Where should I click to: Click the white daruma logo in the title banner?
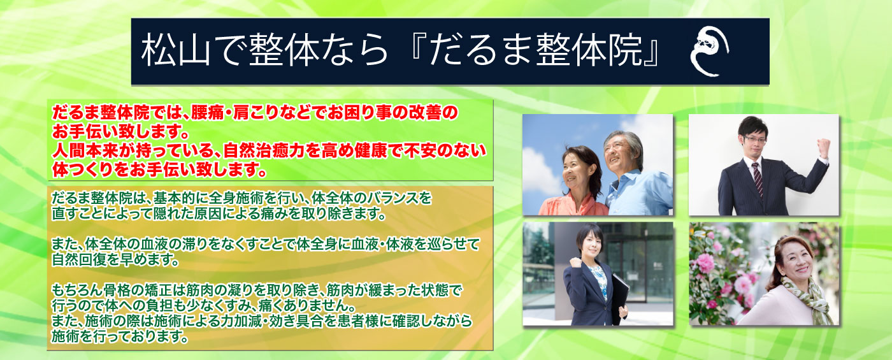tap(710, 51)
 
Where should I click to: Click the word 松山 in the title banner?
tap(176, 51)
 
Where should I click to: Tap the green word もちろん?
tap(77, 291)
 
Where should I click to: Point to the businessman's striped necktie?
tap(757, 178)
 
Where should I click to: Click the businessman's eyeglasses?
tap(755, 140)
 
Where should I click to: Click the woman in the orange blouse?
tap(575, 184)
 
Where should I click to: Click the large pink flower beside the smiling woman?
tap(705, 263)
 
